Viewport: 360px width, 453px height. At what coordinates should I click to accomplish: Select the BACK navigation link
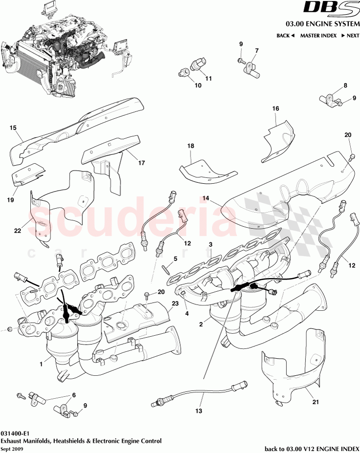285,36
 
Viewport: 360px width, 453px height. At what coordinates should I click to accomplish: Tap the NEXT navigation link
350,36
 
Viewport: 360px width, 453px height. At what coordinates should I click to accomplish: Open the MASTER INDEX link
318,36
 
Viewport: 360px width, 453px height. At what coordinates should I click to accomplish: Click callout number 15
13,128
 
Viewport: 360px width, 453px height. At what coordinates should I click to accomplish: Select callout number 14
206,198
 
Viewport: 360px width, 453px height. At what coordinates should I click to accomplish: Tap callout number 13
198,411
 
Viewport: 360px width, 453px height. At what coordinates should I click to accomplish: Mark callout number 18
191,146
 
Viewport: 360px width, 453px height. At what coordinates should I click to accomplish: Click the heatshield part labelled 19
26,173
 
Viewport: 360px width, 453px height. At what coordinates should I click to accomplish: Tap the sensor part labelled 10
185,72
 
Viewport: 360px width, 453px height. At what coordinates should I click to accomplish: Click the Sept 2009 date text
11,448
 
